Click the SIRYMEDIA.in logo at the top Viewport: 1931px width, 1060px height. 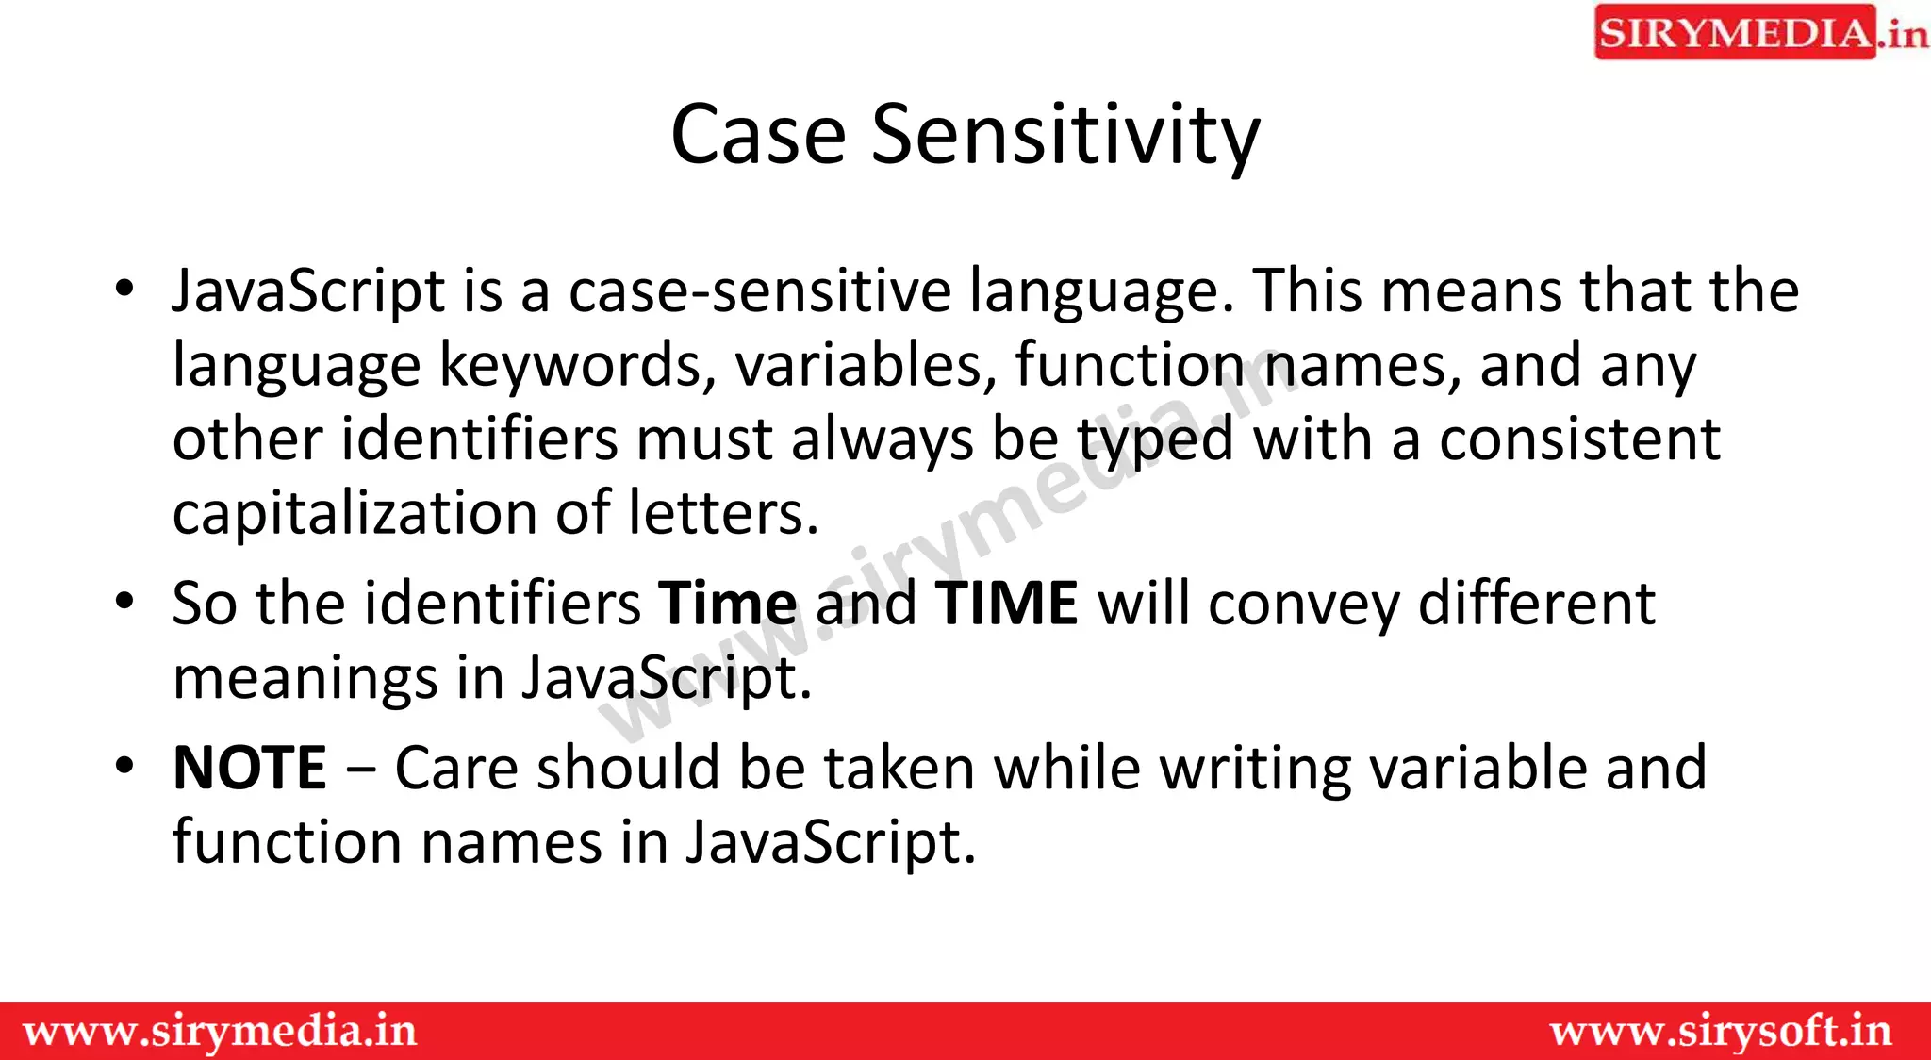click(x=1759, y=33)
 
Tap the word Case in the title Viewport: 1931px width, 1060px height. click(x=758, y=135)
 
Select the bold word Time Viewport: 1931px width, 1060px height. click(x=728, y=604)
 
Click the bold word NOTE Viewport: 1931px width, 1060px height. click(x=250, y=768)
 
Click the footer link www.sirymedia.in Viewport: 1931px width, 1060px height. click(x=220, y=1032)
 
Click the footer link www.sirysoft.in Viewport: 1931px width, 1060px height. click(x=1721, y=1032)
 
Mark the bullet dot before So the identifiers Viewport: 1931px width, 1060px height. click(x=124, y=601)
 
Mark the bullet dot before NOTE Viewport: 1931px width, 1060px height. click(x=124, y=765)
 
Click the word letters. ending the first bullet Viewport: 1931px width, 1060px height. click(x=723, y=514)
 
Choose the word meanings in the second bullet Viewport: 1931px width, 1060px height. click(x=305, y=678)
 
